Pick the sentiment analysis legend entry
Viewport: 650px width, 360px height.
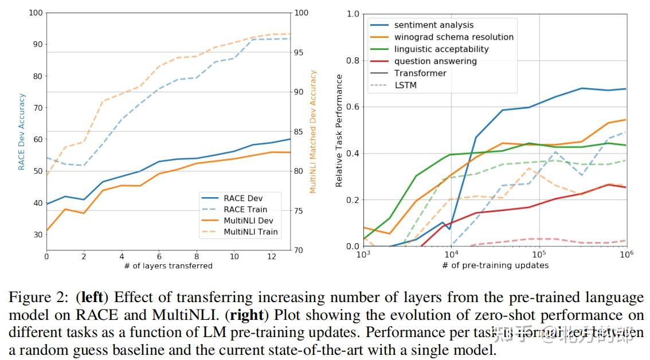434,25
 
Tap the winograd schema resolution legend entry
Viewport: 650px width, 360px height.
453,37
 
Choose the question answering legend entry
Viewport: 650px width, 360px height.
435,61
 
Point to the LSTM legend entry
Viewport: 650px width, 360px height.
405,85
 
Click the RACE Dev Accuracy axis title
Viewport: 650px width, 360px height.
22,132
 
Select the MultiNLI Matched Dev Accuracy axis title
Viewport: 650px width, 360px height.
313,132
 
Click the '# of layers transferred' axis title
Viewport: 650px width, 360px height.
168,265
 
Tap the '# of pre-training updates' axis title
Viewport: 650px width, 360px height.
495,265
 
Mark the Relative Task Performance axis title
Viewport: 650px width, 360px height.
339,131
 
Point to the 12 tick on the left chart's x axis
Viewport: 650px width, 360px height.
272,256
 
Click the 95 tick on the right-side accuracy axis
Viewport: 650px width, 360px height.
301,52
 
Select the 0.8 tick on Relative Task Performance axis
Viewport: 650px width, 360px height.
351,60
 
